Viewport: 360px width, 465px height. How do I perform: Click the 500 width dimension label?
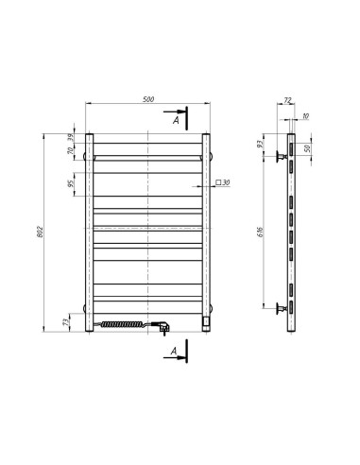pyautogui.click(x=148, y=97)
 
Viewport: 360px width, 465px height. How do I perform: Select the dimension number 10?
pyautogui.click(x=305, y=116)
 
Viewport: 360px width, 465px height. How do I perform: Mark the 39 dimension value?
pyautogui.click(x=70, y=138)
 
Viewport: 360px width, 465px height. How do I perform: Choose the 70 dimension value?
pyautogui.click(x=70, y=151)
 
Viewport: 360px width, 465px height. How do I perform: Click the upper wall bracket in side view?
pyautogui.click(x=282, y=156)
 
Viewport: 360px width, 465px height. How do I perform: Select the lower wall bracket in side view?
pyautogui.click(x=282, y=307)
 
